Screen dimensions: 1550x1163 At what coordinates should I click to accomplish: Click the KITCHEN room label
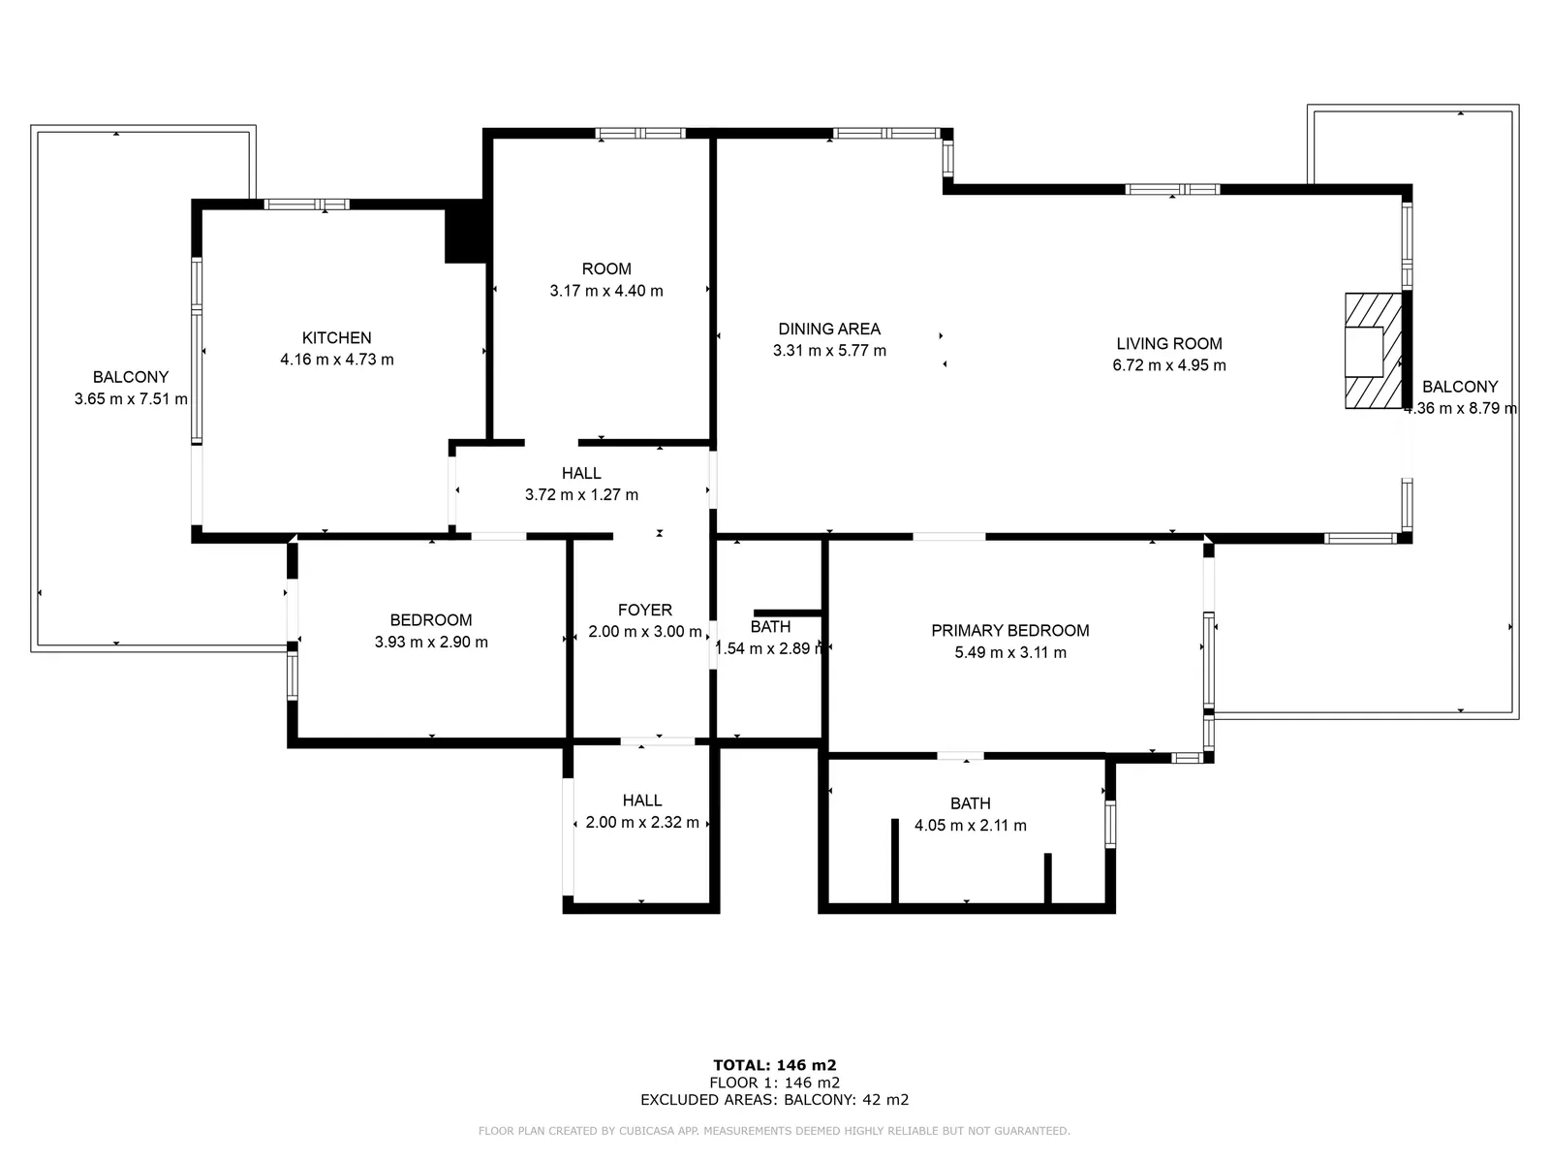coord(336,337)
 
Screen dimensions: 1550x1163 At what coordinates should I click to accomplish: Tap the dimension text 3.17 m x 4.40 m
coord(605,290)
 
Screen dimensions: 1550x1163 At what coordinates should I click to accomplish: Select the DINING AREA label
coord(829,329)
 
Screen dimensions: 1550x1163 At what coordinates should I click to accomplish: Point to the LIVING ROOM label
coord(1168,343)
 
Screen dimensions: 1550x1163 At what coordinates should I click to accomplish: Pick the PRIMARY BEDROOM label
coord(1009,630)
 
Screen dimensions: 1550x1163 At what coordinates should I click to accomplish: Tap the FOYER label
coord(645,610)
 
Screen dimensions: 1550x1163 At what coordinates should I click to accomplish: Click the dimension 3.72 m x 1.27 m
coord(581,494)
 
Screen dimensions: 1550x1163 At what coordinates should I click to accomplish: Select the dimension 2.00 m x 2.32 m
coord(642,822)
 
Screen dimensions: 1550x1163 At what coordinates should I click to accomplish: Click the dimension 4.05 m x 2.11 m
coord(971,825)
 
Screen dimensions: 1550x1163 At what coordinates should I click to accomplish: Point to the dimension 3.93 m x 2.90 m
coord(431,642)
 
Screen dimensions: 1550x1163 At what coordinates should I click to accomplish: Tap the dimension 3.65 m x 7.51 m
coord(131,398)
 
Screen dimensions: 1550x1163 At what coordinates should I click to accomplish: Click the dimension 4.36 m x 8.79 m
coord(1460,407)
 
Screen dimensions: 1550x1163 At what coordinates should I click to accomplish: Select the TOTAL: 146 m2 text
coord(775,1065)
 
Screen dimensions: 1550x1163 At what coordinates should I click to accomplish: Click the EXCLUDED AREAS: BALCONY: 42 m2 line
coord(775,1099)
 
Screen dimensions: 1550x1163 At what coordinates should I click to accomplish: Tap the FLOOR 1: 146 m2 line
coord(775,1083)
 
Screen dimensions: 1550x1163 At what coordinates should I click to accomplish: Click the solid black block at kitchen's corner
coord(466,232)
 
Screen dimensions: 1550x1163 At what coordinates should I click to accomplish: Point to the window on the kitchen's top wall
coord(307,204)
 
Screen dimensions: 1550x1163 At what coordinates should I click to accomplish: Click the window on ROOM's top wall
coord(640,134)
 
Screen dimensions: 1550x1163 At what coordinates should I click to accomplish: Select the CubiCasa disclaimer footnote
coord(774,1130)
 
